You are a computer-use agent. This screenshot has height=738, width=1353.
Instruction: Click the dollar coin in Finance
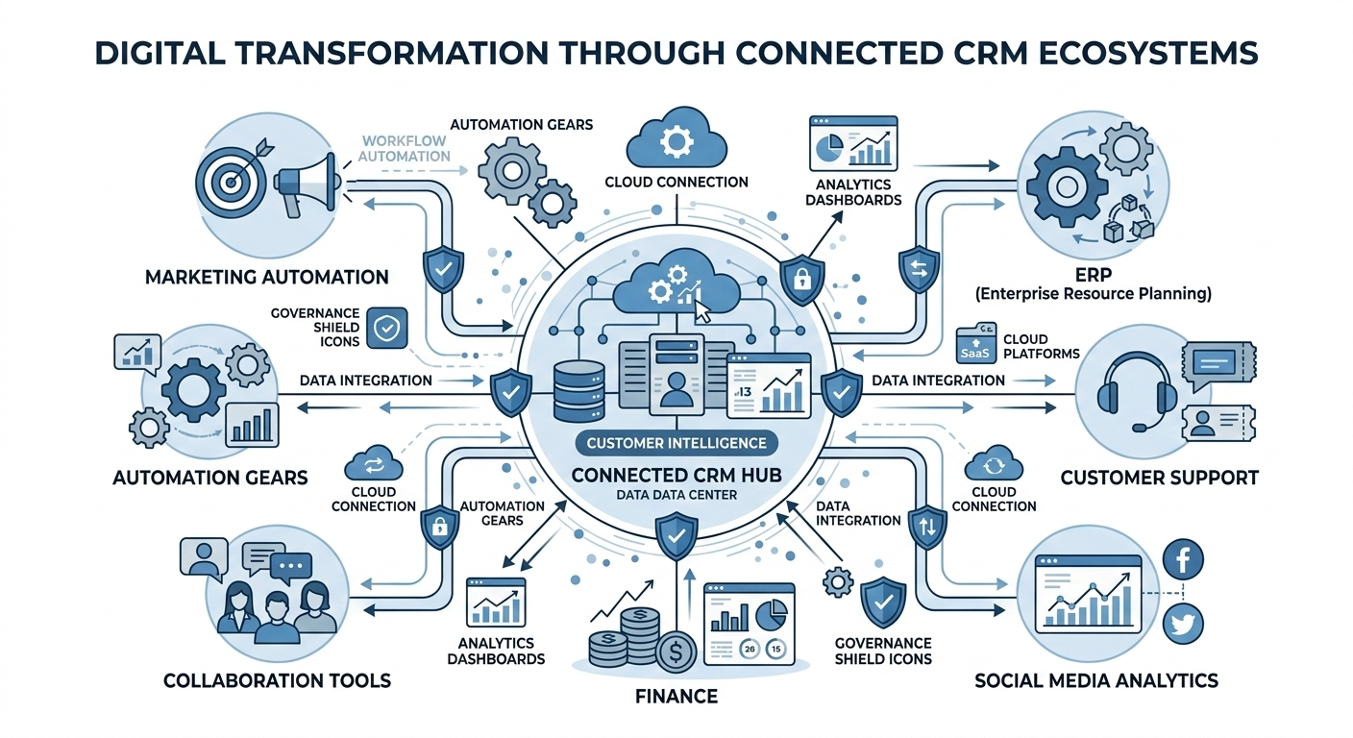[675, 653]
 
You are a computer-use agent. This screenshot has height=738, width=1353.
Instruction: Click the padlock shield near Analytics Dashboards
[800, 278]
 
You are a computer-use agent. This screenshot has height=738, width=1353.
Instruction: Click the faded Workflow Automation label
[406, 148]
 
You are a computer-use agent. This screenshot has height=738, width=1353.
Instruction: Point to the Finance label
[676, 695]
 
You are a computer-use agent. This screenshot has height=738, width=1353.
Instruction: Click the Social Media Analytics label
[1095, 680]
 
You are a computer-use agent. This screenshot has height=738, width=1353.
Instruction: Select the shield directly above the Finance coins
[676, 536]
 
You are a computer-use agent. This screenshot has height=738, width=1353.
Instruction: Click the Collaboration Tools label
[277, 680]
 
